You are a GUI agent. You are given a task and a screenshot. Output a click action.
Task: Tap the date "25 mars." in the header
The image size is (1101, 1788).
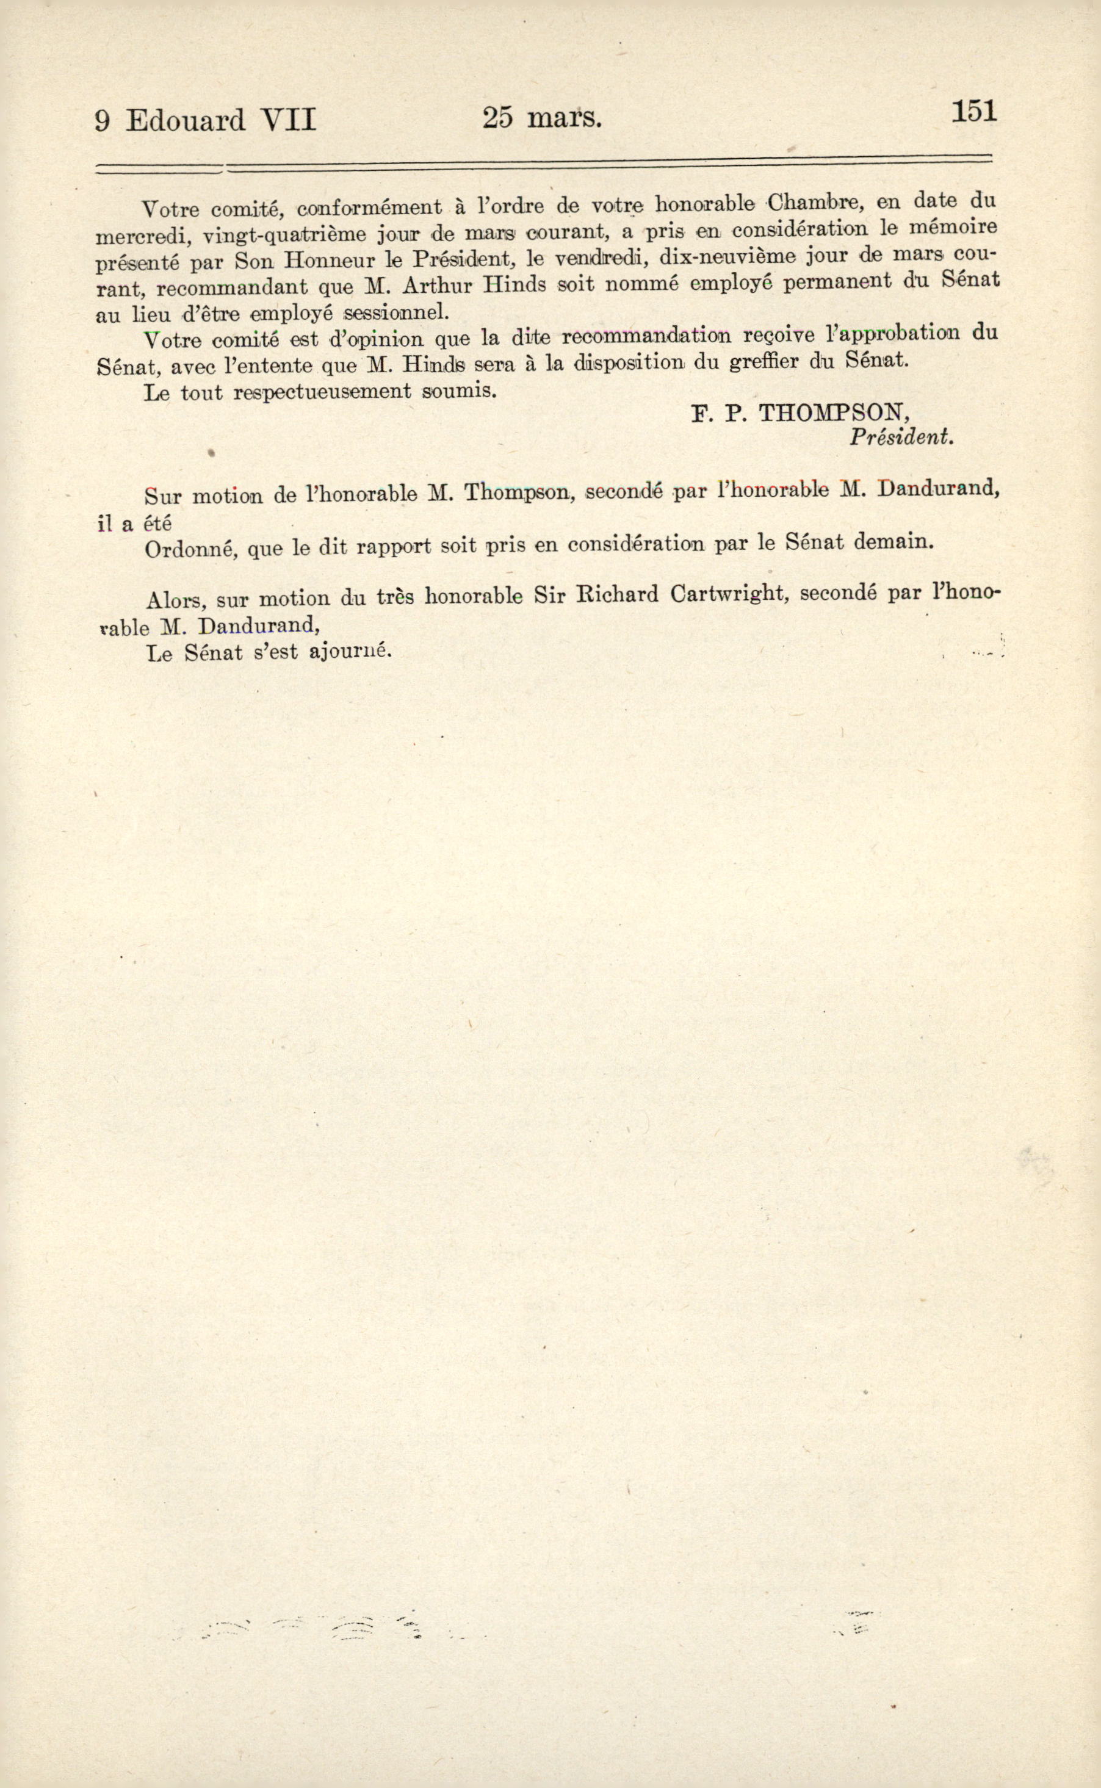coord(542,117)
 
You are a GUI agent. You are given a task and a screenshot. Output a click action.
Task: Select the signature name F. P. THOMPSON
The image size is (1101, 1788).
coord(800,414)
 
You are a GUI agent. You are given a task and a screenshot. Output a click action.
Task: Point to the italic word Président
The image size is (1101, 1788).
coord(901,437)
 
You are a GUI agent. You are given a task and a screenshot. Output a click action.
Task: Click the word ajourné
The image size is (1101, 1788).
coord(350,651)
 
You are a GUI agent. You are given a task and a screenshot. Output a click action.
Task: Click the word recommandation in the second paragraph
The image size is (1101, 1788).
coord(645,336)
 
